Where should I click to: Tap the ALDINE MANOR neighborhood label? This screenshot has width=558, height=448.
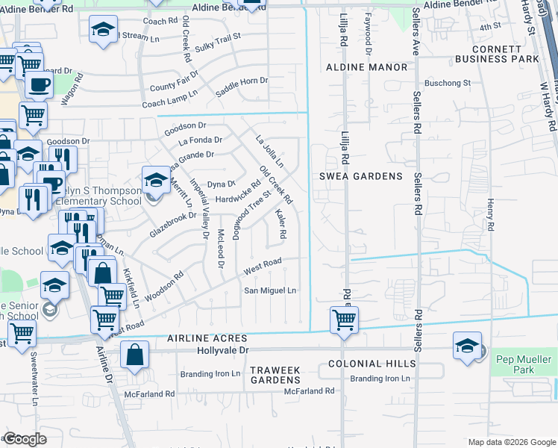click(x=367, y=67)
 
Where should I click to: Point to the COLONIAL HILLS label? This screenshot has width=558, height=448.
click(x=372, y=364)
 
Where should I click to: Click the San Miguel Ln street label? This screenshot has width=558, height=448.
click(x=272, y=290)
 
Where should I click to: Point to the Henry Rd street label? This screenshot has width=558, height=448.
click(x=490, y=214)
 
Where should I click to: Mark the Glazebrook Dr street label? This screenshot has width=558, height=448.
click(x=172, y=223)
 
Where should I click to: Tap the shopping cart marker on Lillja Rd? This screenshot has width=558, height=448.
click(x=344, y=320)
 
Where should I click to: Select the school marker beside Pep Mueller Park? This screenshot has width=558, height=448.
click(x=467, y=345)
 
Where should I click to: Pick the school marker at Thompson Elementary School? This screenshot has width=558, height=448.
click(x=156, y=179)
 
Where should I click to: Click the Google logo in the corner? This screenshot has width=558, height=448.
click(x=24, y=439)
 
